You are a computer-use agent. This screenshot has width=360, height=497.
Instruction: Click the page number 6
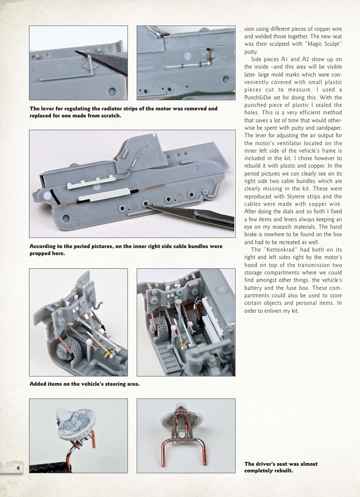18,467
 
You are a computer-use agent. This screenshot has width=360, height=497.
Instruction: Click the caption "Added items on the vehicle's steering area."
85,384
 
